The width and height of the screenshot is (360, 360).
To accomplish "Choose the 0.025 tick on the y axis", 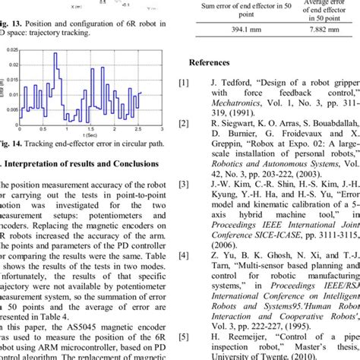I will click(15, 50).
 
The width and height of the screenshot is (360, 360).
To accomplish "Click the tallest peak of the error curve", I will click(56, 55).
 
